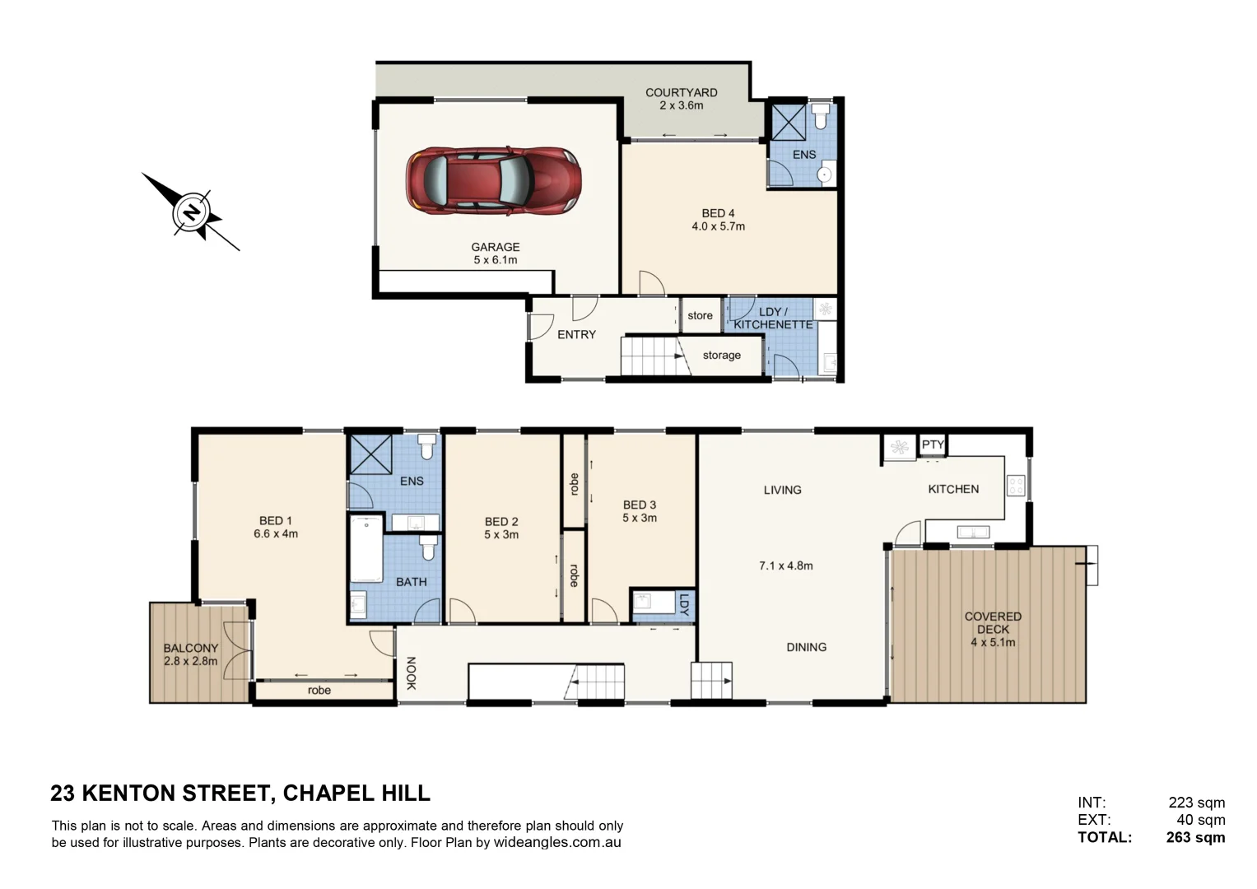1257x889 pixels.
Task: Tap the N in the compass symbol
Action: click(192, 212)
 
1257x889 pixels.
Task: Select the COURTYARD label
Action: click(681, 93)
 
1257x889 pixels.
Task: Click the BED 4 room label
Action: click(718, 213)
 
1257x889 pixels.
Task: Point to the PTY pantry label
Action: click(933, 444)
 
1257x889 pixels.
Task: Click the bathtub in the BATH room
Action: click(366, 548)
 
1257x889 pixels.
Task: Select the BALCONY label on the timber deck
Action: click(190, 648)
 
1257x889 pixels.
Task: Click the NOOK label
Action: click(411, 673)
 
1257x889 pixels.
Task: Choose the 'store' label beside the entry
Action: click(700, 315)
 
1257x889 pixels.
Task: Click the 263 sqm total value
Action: click(1195, 838)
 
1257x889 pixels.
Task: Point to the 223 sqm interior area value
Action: click(1196, 803)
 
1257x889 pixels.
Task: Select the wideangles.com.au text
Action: click(557, 842)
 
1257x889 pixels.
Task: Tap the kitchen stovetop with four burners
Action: click(1016, 486)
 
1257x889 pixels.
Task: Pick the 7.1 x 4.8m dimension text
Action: click(785, 566)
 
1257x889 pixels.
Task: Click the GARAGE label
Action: click(495, 247)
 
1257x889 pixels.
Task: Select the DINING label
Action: click(806, 647)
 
